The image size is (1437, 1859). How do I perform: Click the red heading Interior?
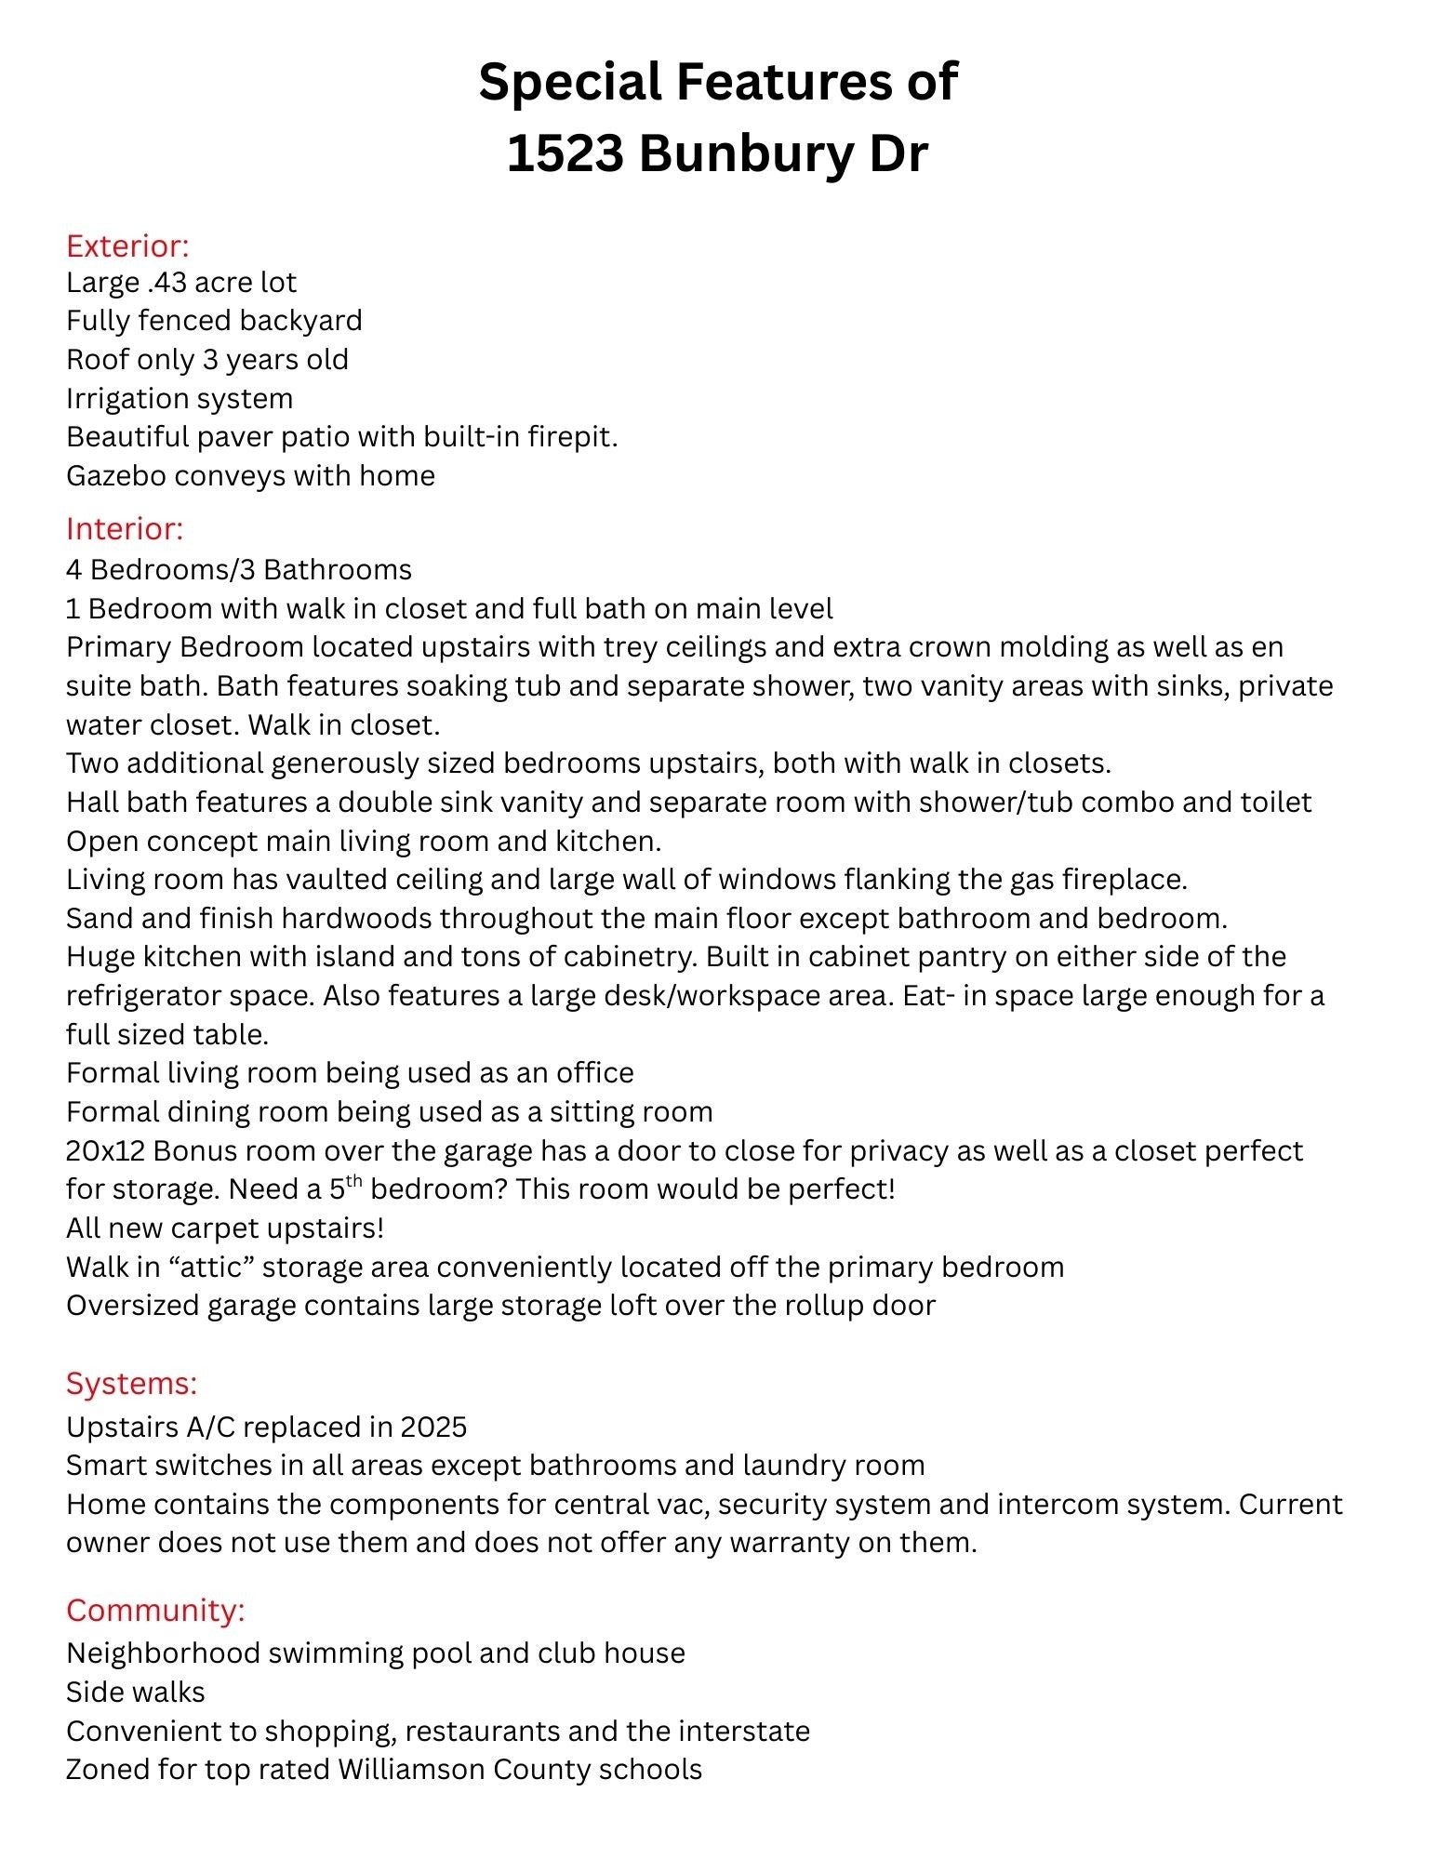coord(125,528)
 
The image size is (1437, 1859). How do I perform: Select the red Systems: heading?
coord(131,1383)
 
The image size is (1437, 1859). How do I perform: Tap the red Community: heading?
coord(155,1610)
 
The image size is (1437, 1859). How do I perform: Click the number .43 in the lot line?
coord(166,282)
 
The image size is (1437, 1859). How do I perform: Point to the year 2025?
coord(433,1427)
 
